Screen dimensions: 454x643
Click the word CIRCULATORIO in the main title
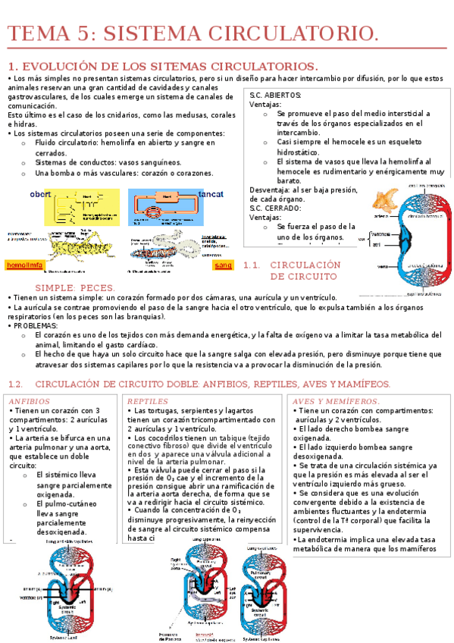[x=299, y=33]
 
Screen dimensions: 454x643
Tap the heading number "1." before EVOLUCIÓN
[x=12, y=66]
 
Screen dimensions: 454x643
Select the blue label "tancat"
[x=211, y=195]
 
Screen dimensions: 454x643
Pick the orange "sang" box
[x=224, y=266]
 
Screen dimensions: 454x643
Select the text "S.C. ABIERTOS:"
[x=275, y=96]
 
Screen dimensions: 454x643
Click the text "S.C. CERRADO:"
[x=275, y=208]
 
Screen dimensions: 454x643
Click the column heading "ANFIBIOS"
[x=29, y=401]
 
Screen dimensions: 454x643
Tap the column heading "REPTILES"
[x=147, y=401]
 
